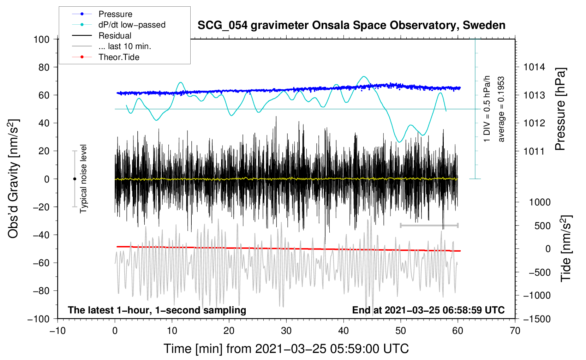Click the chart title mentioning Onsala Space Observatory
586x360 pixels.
pos(351,25)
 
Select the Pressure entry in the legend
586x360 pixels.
pos(115,14)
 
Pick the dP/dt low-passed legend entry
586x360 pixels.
pos(132,25)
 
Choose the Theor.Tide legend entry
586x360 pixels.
pos(119,57)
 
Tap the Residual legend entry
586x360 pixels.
pos(115,36)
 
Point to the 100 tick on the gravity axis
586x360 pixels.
pos(41,39)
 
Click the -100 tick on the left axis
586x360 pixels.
pos(38,319)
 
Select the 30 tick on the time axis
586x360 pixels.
pos(286,331)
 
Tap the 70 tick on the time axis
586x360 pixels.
pos(515,331)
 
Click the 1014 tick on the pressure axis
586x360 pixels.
pos(534,67)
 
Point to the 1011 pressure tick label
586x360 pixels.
pos(534,151)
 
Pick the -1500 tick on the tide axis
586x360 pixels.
pos(537,319)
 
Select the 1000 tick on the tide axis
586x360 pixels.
pos(540,202)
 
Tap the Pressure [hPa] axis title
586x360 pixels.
pos(560,109)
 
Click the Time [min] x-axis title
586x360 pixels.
pos(286,349)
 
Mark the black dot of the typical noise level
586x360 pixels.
pos(74,179)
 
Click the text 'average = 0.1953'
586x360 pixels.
pos(501,109)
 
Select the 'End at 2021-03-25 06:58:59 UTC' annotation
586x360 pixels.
pos(428,310)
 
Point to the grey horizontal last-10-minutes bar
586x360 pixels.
pos(429,225)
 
